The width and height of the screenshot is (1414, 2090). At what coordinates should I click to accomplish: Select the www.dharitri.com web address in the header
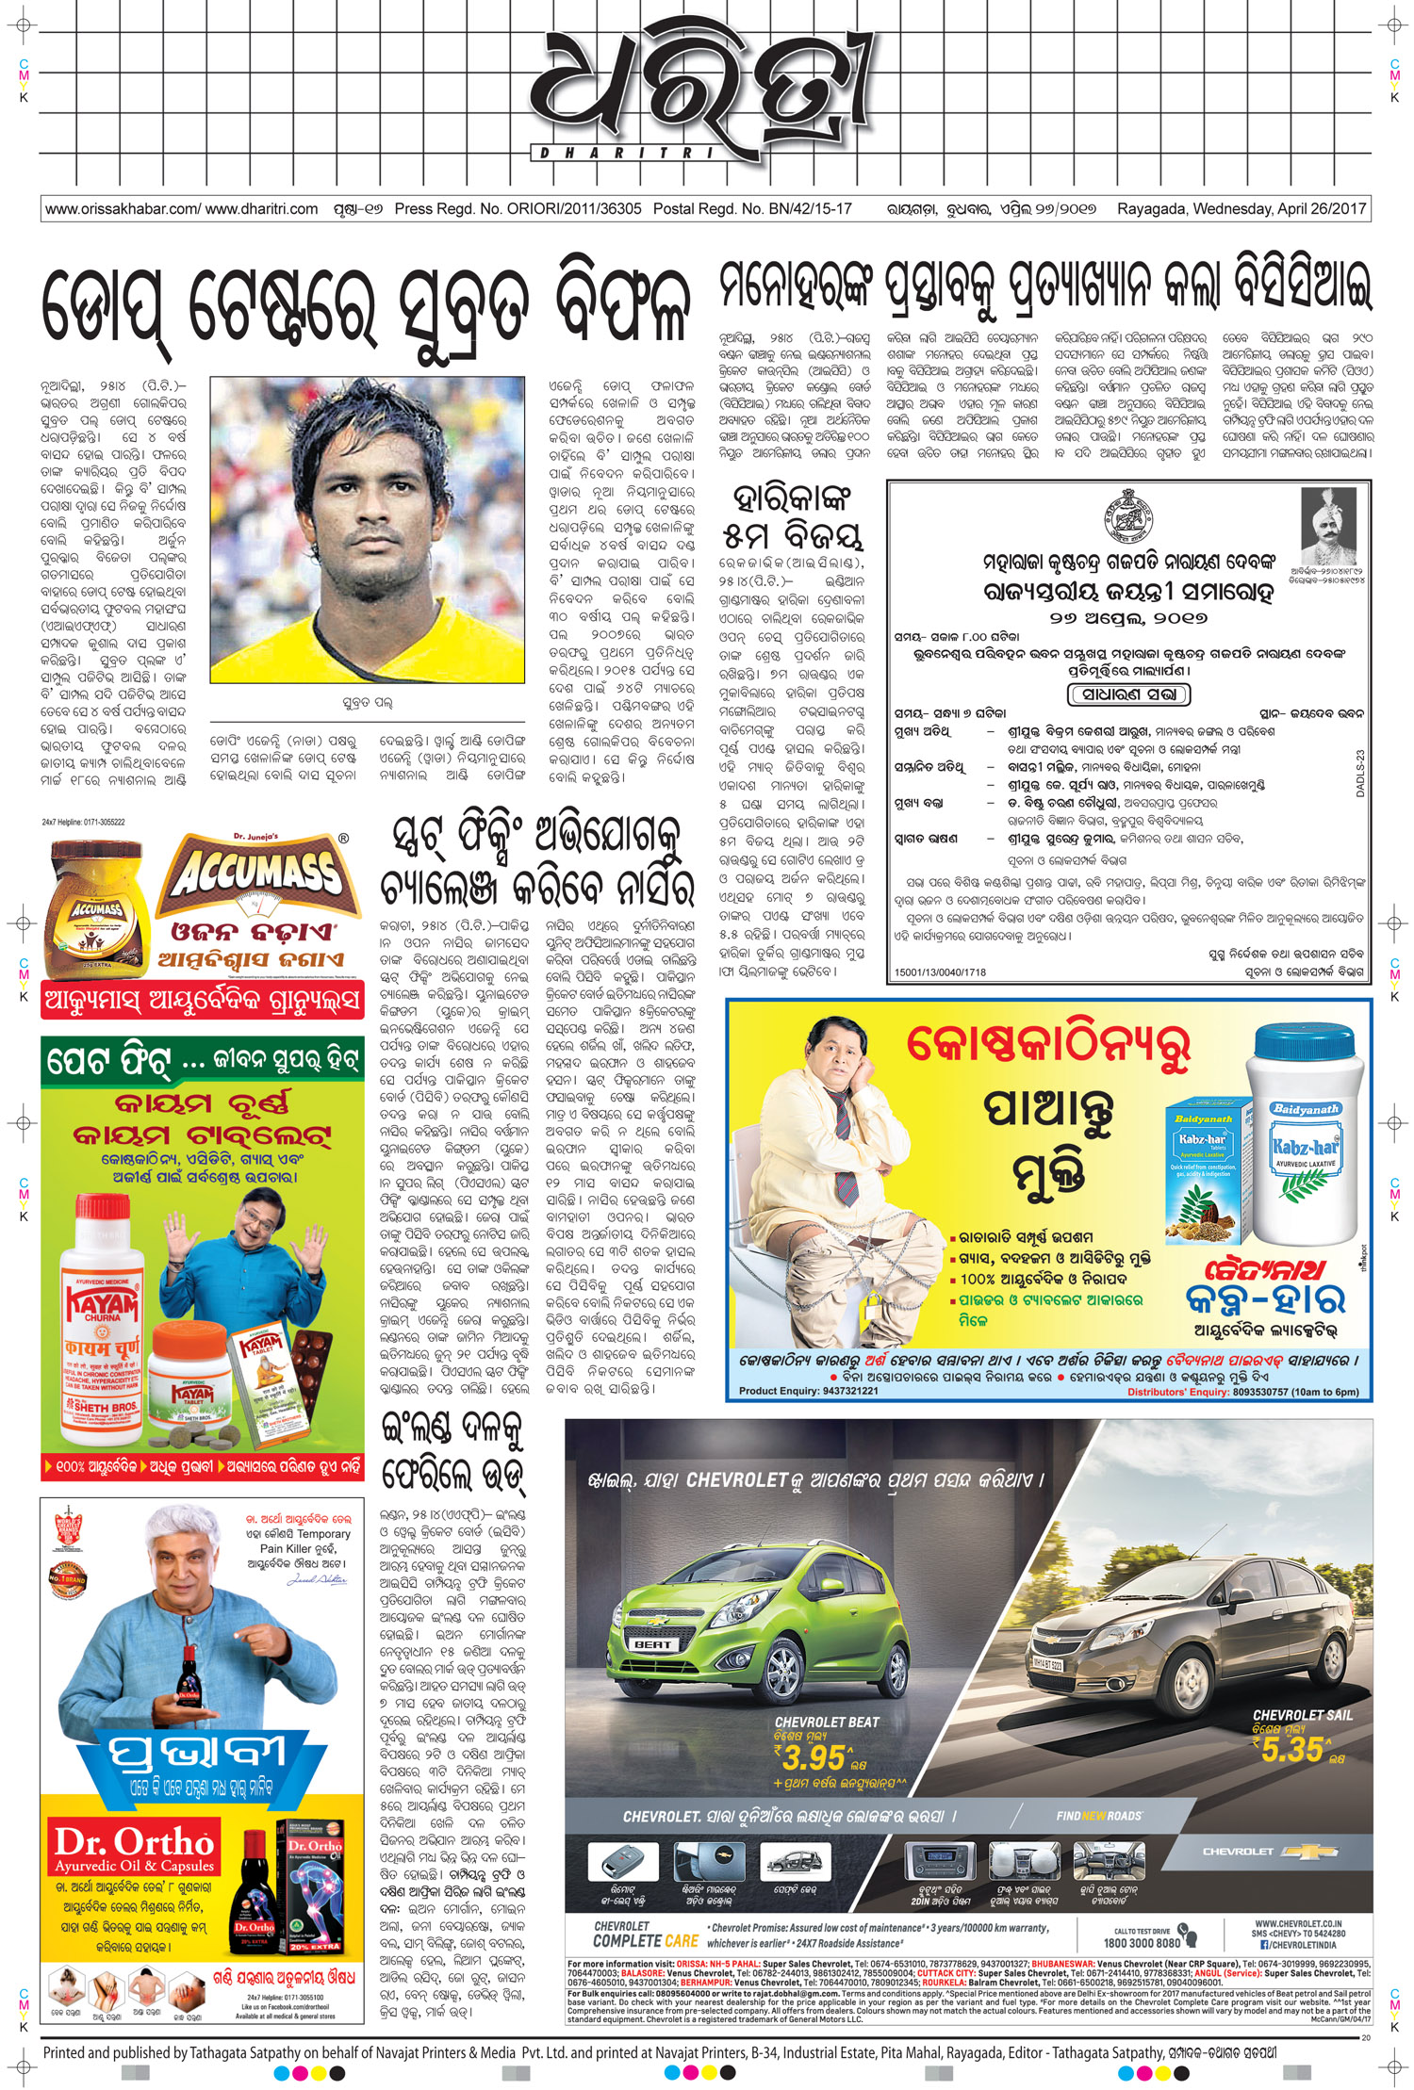(261, 209)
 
